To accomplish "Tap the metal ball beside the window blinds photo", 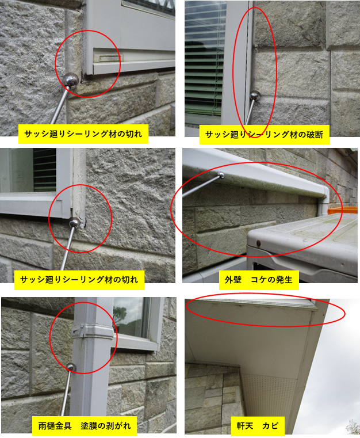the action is [255, 96].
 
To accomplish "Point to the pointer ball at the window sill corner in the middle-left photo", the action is [74, 223].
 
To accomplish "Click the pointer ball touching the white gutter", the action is [221, 176].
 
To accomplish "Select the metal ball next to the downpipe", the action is [71, 367].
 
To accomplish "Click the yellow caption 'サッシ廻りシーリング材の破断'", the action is [265, 135].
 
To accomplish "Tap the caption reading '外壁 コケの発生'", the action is [259, 280].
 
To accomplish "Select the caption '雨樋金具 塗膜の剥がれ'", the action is [85, 426].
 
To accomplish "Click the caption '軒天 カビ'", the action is [257, 426].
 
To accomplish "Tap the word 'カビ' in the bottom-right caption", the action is [270, 426].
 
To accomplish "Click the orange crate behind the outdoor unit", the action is [343, 211].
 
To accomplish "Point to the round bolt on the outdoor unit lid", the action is [258, 243].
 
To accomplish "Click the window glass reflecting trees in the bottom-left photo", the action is [131, 317].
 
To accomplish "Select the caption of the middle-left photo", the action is [79, 280].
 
